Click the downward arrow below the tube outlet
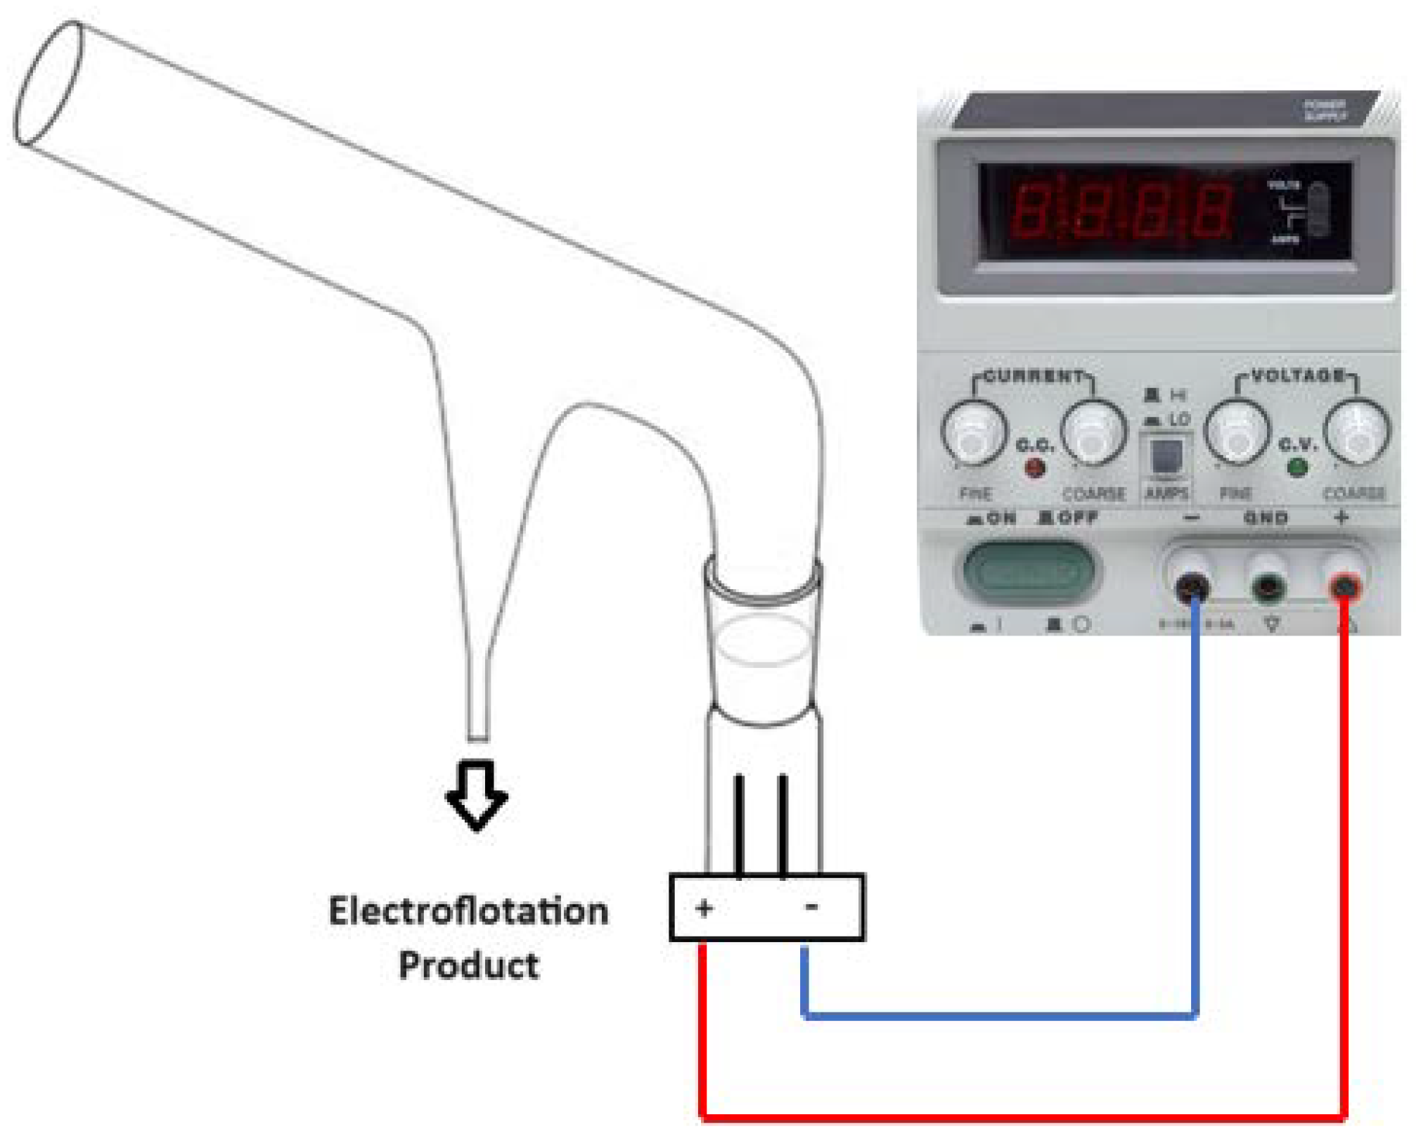(477, 794)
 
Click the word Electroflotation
(468, 912)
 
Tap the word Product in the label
(469, 965)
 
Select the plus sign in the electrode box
(704, 908)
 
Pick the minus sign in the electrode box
(811, 907)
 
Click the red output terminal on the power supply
(1344, 586)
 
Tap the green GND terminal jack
(1268, 586)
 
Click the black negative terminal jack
(1192, 586)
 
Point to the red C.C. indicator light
(1034, 467)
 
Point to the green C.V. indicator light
(1296, 467)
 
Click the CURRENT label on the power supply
(1034, 376)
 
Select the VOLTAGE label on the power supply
(1298, 375)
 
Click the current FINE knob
(973, 433)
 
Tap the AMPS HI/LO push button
(1166, 457)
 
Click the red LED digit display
(1121, 211)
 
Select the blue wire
(998, 1016)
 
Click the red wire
(1019, 1116)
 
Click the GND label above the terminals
(1266, 519)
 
